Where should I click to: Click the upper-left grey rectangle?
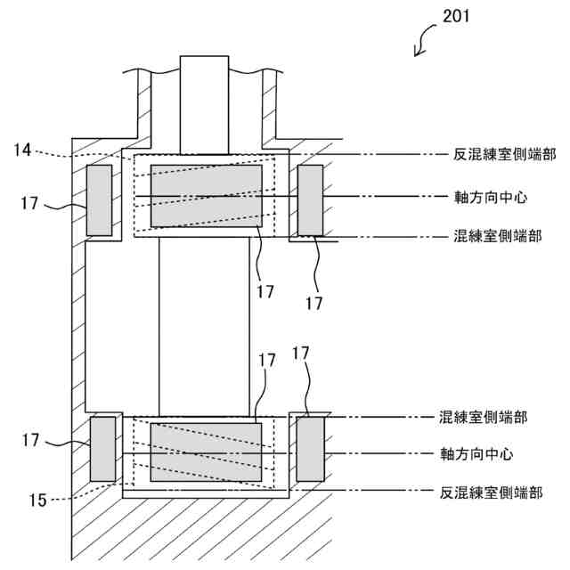[x=99, y=199]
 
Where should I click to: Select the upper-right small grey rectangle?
[x=310, y=199]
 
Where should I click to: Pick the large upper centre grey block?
[x=207, y=195]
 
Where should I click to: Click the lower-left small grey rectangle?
[x=103, y=448]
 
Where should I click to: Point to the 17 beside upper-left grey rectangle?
[x=29, y=203]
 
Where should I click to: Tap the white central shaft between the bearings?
[x=204, y=326]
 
